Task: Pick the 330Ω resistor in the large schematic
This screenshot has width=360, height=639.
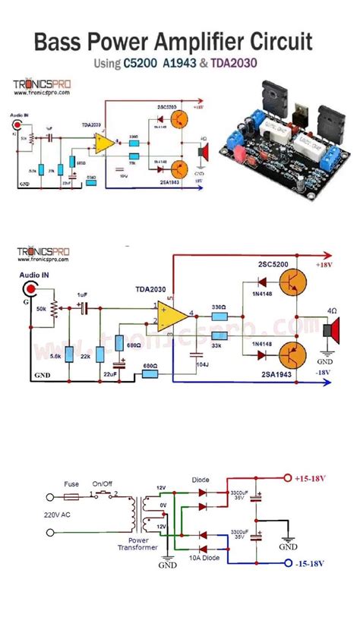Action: click(x=219, y=316)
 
